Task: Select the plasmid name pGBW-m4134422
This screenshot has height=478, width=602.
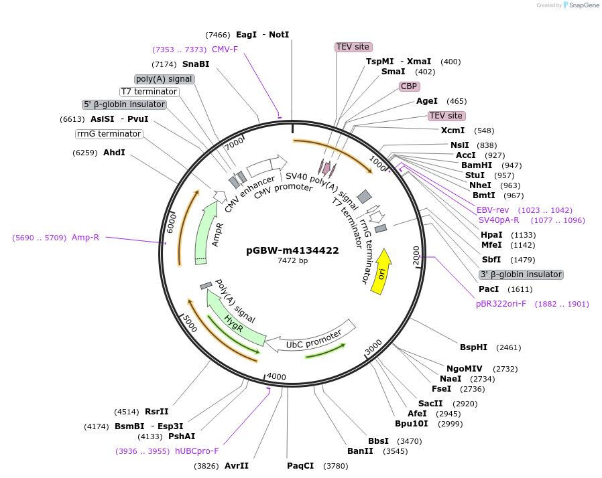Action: click(292, 250)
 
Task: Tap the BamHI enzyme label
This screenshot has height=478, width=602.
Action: click(477, 165)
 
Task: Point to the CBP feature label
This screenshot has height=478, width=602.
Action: click(409, 86)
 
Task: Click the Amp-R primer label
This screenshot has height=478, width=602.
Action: click(85, 237)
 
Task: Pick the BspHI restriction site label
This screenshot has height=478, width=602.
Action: click(473, 347)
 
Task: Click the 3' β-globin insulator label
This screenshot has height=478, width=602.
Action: click(521, 274)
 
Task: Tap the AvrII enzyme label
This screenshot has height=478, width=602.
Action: click(236, 466)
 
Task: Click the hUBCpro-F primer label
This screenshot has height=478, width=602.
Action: click(197, 451)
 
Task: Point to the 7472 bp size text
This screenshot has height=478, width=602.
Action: click(292, 261)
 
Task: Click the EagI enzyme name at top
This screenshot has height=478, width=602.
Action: click(246, 35)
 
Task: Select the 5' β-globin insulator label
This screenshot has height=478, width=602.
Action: click(124, 104)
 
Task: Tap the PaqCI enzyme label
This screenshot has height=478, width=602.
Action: click(300, 466)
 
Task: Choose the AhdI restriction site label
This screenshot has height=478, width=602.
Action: click(114, 153)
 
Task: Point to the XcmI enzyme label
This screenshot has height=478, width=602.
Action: click(453, 131)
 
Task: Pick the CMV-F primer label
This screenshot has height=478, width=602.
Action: click(225, 50)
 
